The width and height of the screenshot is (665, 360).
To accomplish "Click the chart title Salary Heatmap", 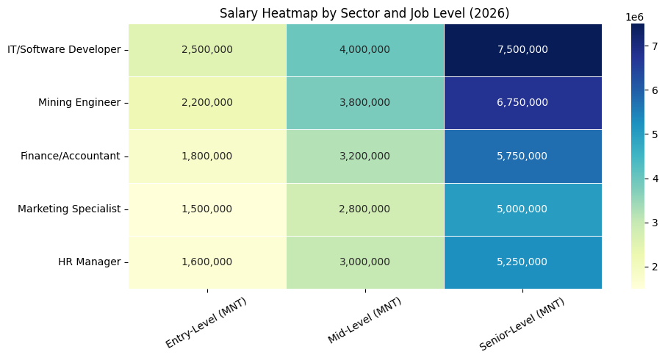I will coord(364,13).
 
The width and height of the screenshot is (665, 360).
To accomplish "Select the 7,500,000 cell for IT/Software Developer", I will coord(522,49).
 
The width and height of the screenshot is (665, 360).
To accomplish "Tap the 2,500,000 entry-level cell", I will coord(207,49).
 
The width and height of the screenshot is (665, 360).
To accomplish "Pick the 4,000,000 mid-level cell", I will coord(364,49).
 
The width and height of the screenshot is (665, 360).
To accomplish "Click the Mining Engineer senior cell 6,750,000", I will coord(522,103).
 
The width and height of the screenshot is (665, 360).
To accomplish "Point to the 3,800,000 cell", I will coord(364,103).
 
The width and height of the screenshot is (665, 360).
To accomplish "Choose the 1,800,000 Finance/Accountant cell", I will coord(207,156).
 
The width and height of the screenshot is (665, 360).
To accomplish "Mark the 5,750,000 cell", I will coord(522,156).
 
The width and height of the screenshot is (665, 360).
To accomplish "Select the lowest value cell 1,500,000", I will coord(207,209).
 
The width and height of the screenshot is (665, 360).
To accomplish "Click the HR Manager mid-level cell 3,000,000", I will coord(364,262).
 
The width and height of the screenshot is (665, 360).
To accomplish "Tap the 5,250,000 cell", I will coord(522,262).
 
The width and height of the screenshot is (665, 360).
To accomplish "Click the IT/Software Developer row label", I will coord(64,49).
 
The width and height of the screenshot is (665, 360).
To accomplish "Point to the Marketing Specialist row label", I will coord(69,209).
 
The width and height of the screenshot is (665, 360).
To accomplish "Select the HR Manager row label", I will coord(89,262).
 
